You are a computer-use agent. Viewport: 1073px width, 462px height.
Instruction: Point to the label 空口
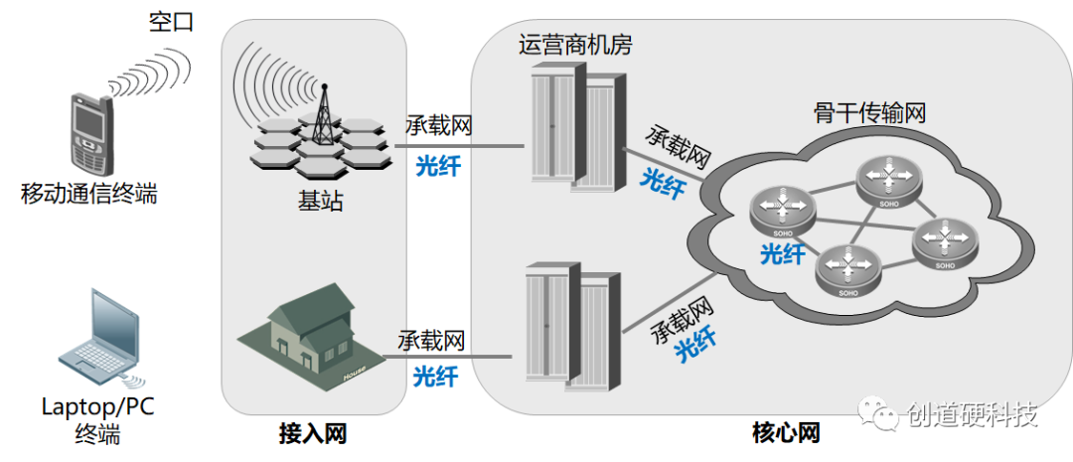170,23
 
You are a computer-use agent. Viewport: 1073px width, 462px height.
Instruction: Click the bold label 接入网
313,434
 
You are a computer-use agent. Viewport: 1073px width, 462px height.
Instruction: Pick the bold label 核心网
786,434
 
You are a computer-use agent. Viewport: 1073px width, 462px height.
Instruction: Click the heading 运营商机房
575,45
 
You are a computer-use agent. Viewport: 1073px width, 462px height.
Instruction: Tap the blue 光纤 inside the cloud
782,254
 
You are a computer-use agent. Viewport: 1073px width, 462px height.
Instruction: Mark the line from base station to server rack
462,144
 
